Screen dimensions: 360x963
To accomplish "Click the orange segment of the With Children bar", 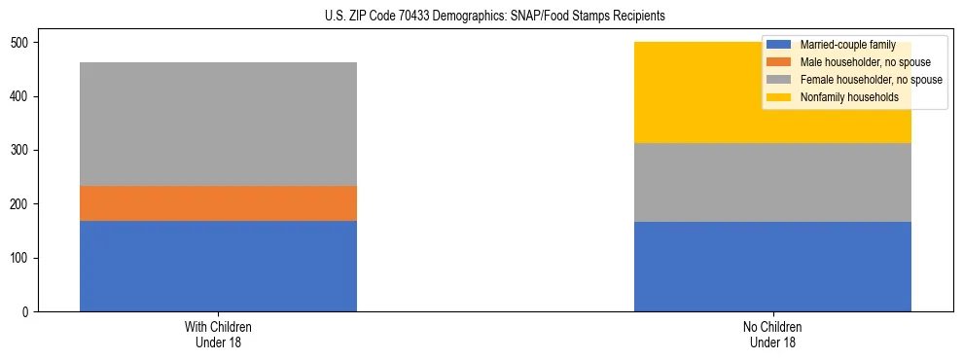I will [218, 203].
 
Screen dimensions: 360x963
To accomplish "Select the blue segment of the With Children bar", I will [218, 266].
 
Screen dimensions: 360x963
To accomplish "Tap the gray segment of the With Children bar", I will [218, 124].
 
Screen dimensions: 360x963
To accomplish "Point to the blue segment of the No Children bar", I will [772, 266].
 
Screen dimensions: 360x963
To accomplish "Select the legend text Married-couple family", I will [847, 46].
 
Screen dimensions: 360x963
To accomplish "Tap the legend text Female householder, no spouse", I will [871, 80].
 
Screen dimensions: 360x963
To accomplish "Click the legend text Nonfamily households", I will [849, 97].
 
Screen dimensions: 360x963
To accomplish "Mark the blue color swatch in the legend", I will [779, 46].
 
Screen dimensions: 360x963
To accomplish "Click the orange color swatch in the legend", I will [779, 62].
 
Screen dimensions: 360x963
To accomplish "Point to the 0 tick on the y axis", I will [28, 311].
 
